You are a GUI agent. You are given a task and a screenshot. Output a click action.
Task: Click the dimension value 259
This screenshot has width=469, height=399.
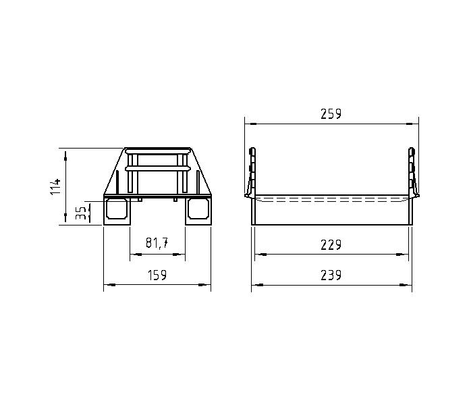point(331,114)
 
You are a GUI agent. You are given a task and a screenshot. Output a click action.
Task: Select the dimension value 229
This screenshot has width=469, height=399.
point(331,244)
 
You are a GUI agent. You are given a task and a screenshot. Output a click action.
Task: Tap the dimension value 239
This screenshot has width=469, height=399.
point(331,275)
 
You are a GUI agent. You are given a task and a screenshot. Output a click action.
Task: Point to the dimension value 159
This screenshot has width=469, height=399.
point(157,275)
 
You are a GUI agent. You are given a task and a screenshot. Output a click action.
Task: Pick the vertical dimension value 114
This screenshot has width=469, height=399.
point(56,186)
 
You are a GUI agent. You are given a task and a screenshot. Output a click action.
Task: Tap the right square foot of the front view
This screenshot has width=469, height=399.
point(198,210)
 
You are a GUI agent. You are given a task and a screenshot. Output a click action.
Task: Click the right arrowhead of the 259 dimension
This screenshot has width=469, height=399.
point(414,124)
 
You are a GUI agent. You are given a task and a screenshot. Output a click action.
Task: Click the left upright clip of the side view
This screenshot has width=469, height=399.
point(251,172)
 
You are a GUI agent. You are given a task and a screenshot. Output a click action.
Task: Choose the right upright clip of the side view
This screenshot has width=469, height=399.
point(411,172)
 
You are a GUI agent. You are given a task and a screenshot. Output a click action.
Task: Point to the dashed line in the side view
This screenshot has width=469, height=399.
point(331,201)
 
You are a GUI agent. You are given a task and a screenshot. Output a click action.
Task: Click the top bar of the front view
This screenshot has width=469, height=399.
point(157,150)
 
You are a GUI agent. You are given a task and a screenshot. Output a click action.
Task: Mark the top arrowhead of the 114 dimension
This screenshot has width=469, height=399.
point(65,154)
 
